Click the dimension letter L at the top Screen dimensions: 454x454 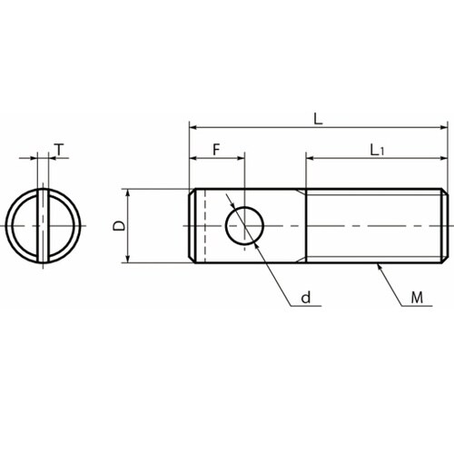318,119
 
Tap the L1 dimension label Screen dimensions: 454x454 377,150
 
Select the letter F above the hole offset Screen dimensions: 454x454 216,150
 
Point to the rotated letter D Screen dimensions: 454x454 119,226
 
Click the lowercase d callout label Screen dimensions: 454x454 306,298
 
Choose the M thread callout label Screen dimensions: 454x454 417,298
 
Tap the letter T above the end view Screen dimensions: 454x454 60,150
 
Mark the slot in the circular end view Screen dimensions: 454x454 43,226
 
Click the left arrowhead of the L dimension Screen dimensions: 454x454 193,127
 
